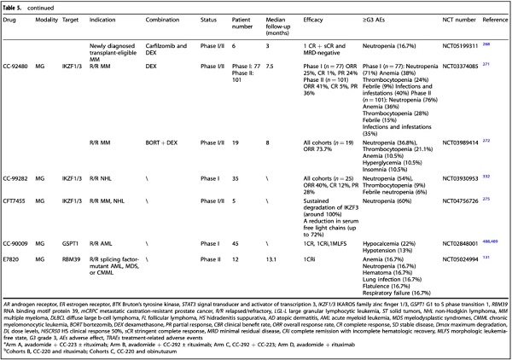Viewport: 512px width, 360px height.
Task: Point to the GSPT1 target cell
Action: click(87, 219)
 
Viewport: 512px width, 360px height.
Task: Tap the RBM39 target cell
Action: click(88, 234)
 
